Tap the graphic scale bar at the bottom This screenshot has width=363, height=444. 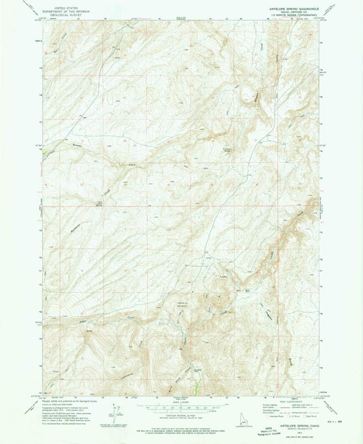(181, 407)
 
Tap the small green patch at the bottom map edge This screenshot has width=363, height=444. (198, 387)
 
